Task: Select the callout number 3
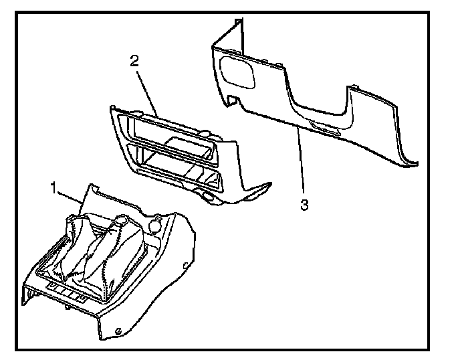(x=304, y=205)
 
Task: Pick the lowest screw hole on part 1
(x=118, y=331)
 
